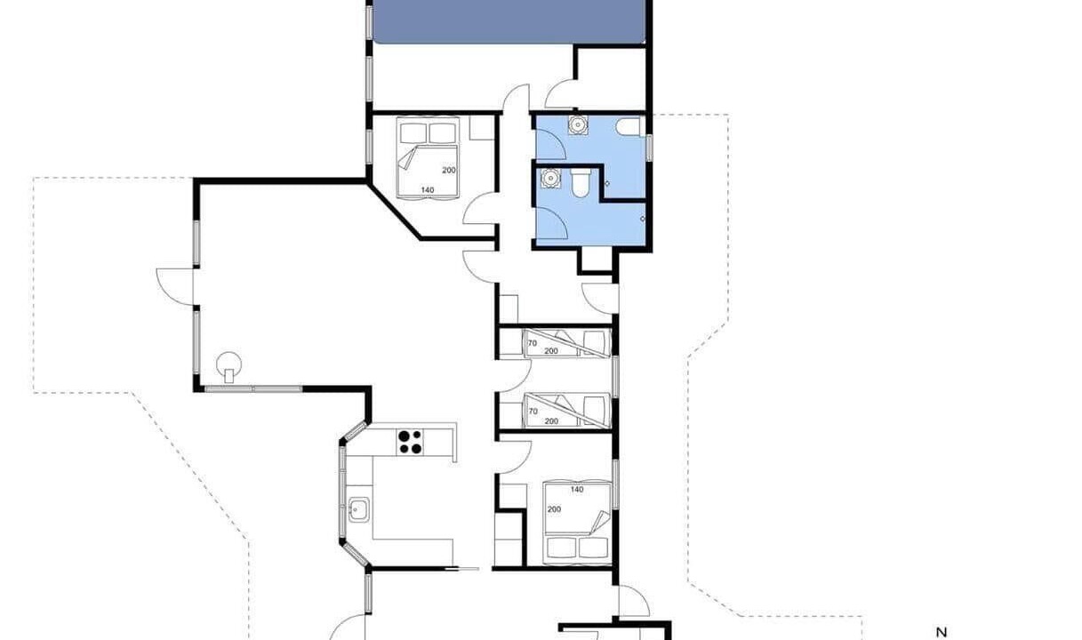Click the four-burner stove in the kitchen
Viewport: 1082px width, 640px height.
click(x=410, y=442)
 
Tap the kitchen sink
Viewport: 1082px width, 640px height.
click(x=358, y=509)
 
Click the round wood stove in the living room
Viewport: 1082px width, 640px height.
click(x=228, y=364)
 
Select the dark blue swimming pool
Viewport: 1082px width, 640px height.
click(x=509, y=21)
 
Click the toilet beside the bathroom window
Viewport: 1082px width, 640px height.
click(x=628, y=127)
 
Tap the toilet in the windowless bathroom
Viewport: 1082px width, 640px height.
click(x=580, y=183)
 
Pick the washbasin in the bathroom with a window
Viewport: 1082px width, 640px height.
click(x=577, y=125)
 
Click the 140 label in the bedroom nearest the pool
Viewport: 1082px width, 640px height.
click(x=427, y=190)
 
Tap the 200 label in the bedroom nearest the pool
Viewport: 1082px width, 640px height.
click(x=449, y=171)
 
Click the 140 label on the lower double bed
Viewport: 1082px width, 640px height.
click(x=577, y=489)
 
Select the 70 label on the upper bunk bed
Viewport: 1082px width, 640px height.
click(x=533, y=343)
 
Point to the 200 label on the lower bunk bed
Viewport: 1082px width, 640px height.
click(x=551, y=421)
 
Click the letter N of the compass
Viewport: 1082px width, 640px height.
click(x=941, y=632)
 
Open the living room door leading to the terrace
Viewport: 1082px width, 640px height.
click(x=175, y=286)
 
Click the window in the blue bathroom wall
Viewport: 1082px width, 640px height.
click(x=649, y=148)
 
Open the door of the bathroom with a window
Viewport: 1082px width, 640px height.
click(x=550, y=141)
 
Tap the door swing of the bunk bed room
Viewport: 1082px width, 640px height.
click(x=515, y=375)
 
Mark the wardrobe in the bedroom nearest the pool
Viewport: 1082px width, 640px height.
click(x=482, y=128)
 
